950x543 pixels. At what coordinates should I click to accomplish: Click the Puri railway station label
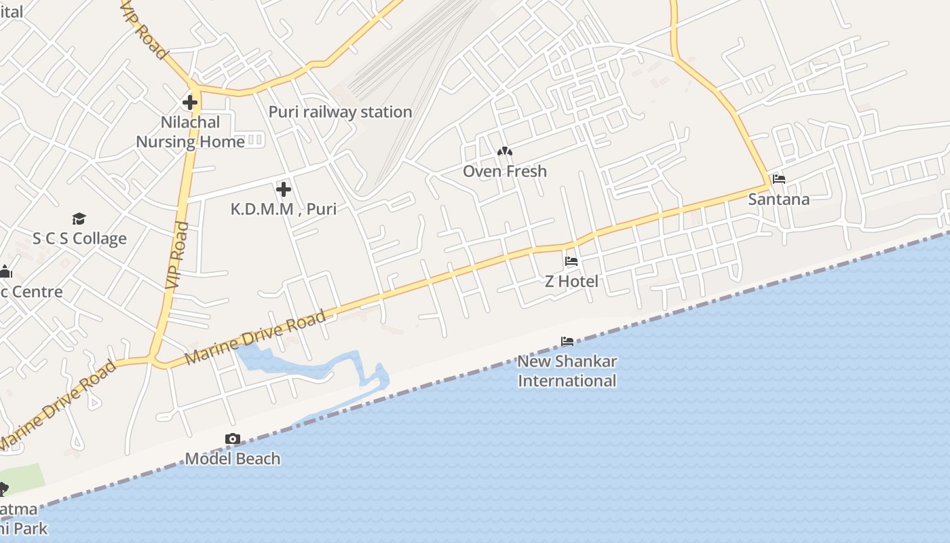click(340, 112)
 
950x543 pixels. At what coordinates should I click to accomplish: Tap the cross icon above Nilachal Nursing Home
click(190, 103)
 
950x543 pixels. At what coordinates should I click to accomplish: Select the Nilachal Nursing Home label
click(190, 132)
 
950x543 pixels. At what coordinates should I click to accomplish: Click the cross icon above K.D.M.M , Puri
click(284, 189)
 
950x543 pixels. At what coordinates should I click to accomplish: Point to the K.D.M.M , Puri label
click(284, 209)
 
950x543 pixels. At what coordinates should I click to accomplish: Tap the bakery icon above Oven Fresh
click(504, 152)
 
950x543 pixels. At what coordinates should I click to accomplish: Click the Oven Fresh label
click(504, 171)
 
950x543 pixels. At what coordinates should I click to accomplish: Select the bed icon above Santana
click(779, 179)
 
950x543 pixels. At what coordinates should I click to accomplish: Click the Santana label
click(779, 200)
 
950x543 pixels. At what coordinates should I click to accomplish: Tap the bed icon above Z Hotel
click(571, 261)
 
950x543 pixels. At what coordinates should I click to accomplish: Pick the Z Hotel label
click(571, 281)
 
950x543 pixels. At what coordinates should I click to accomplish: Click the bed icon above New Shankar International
click(567, 341)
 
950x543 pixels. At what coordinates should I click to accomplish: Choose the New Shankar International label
click(567, 371)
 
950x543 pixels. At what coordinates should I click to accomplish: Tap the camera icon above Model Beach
click(233, 439)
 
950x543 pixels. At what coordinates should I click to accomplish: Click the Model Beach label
click(233, 459)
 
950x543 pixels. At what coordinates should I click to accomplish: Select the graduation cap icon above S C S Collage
click(79, 219)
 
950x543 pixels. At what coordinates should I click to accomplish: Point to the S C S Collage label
click(79, 239)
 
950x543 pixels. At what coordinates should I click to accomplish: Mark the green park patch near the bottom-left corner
click(24, 475)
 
